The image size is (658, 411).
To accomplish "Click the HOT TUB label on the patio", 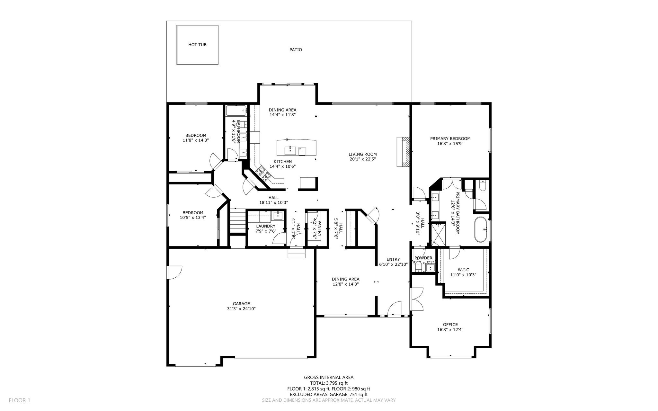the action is click(x=197, y=45).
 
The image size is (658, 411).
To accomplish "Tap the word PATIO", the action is click(x=296, y=50).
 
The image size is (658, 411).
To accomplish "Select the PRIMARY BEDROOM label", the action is click(x=450, y=138).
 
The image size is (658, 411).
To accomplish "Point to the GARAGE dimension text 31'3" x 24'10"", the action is click(x=241, y=309).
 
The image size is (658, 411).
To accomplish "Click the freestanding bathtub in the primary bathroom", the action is click(x=481, y=229).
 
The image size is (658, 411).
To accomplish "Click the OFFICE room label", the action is click(x=450, y=325).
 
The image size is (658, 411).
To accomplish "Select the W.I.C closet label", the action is click(x=463, y=270).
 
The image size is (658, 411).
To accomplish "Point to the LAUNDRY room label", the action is click(x=266, y=226).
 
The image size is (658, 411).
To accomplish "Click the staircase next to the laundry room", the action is click(x=237, y=221).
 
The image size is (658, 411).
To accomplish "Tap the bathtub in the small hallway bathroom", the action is click(x=236, y=111).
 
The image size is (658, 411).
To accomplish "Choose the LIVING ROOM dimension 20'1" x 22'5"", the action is click(x=363, y=159).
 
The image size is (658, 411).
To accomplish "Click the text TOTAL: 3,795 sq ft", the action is click(x=329, y=383).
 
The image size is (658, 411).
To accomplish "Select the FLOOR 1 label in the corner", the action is click(x=19, y=400).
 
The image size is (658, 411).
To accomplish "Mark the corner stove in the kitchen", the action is click(x=263, y=174).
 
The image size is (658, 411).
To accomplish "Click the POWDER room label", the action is click(x=423, y=258).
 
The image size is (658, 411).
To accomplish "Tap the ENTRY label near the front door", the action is click(x=393, y=259).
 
